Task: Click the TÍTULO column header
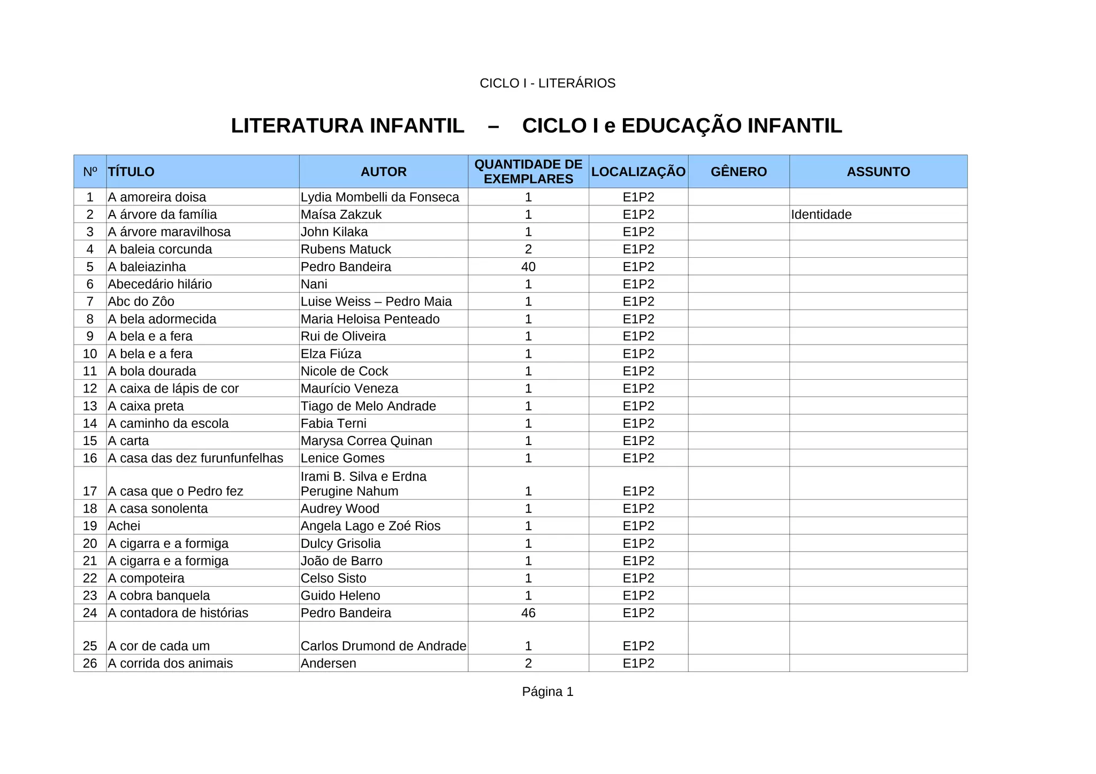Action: pos(131,172)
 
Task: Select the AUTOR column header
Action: pos(383,172)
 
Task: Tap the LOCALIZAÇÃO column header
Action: pos(638,172)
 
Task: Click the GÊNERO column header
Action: pos(739,172)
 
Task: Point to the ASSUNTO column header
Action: pos(878,172)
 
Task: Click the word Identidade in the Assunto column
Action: pos(821,214)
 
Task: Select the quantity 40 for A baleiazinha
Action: pos(528,267)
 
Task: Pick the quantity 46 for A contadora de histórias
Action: pos(528,613)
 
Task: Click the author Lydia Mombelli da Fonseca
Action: pos(379,197)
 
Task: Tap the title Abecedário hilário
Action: pos(159,284)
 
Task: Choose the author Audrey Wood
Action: pos(340,509)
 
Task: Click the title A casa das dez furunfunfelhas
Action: pos(195,458)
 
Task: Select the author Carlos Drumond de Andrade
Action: pos(383,646)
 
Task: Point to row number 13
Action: pos(90,407)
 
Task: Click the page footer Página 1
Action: pos(547,692)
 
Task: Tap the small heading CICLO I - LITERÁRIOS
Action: pos(547,83)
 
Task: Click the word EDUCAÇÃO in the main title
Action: pos(681,126)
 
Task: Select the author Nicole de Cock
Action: pos(344,371)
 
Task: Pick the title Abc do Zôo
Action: pos(141,302)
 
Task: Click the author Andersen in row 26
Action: pos(328,663)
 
